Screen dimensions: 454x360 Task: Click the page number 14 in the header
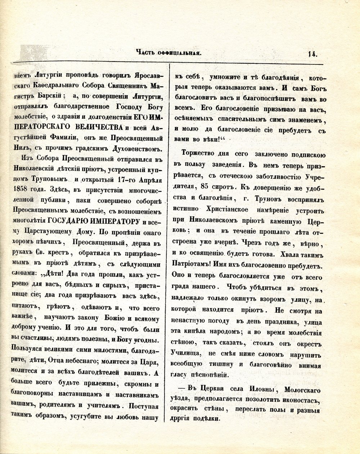[x=312, y=54]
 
